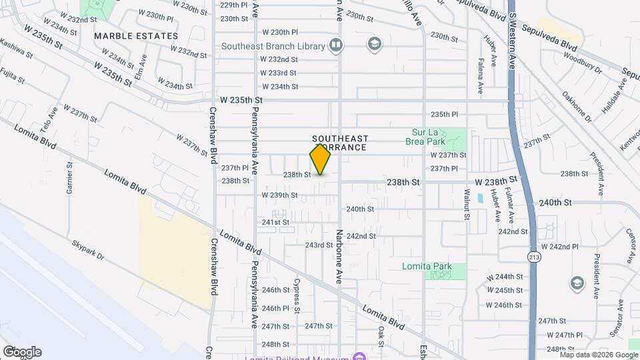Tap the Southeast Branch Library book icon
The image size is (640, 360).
[336, 46]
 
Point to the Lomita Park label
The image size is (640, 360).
[427, 267]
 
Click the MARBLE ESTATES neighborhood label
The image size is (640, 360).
[136, 35]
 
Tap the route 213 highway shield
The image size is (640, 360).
[534, 257]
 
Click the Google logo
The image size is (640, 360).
[22, 352]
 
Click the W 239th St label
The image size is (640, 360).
[279, 195]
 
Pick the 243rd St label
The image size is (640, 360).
[319, 245]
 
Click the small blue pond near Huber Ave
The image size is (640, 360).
[480, 198]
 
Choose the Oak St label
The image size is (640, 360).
[381, 336]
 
